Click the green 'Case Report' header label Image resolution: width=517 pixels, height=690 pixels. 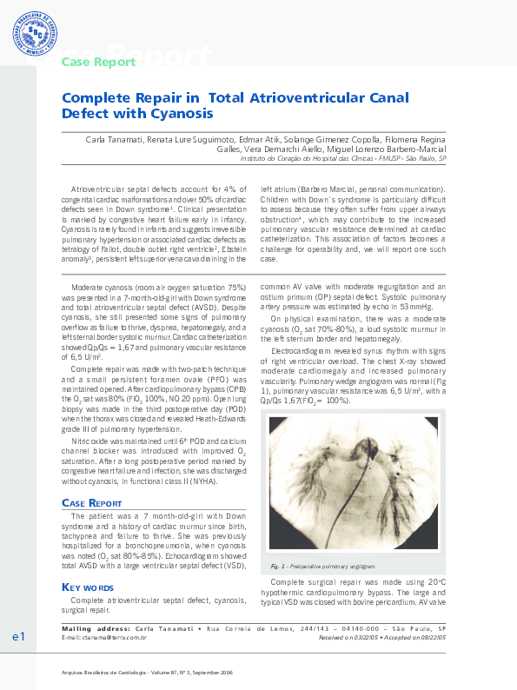coord(97,62)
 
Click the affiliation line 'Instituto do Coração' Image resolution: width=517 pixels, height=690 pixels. coord(287,160)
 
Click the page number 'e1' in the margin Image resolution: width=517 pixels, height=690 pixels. coord(18,639)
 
